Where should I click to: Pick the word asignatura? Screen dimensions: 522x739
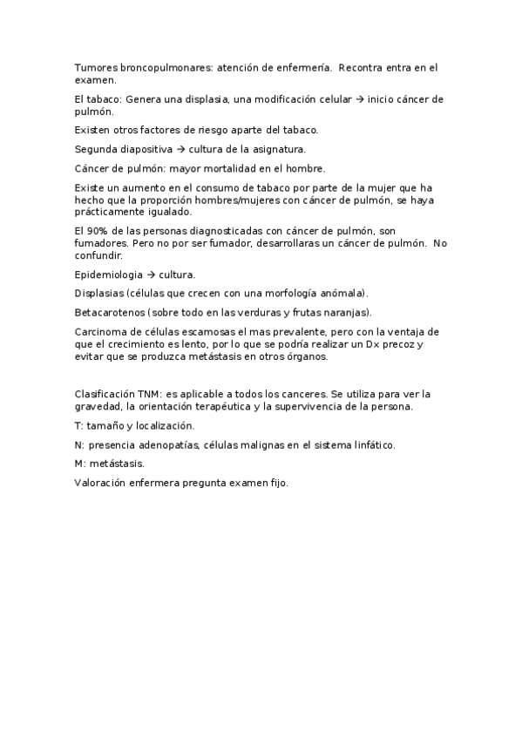click(275, 150)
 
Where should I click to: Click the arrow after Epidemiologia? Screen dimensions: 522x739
click(149, 275)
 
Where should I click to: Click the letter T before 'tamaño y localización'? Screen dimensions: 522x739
click(78, 426)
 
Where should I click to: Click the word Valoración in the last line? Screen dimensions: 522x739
click(102, 483)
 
